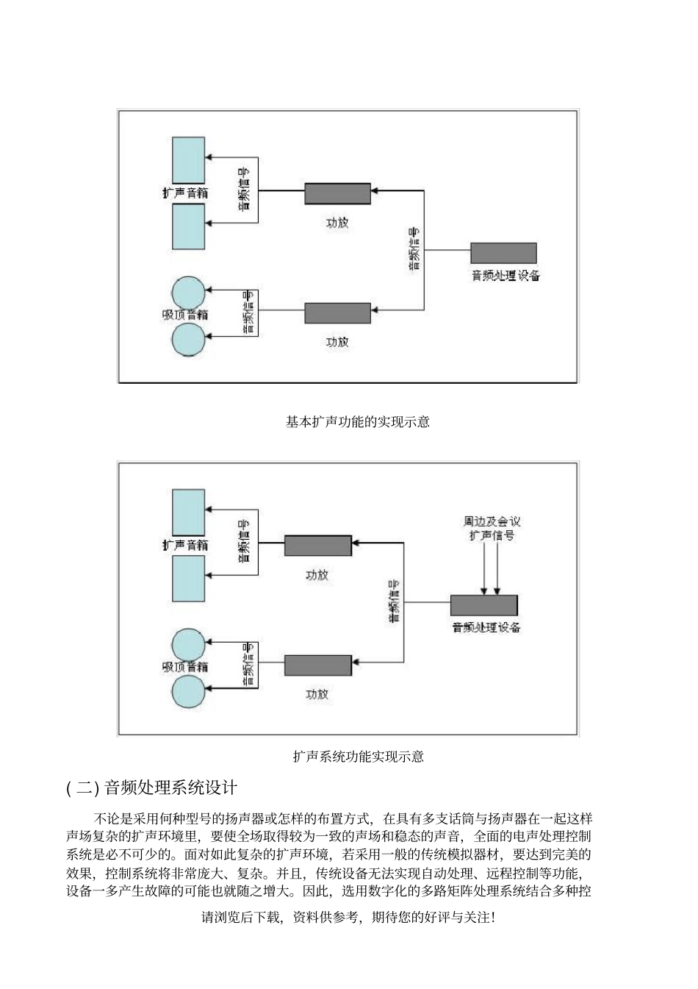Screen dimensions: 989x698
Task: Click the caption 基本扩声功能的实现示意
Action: [x=357, y=422]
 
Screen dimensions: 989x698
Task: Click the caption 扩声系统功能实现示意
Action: [x=358, y=756]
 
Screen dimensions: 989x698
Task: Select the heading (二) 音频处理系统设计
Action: [x=151, y=788]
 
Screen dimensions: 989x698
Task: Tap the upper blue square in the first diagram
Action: [x=188, y=160]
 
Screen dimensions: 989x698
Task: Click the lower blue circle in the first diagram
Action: [x=188, y=340]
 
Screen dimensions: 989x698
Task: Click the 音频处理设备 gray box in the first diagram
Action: [x=503, y=253]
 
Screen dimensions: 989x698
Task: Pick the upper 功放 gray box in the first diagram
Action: [x=337, y=194]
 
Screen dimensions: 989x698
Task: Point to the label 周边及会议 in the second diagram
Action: [x=492, y=521]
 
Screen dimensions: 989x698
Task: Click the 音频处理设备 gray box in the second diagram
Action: [x=483, y=605]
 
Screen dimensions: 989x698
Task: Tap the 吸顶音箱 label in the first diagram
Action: [x=185, y=315]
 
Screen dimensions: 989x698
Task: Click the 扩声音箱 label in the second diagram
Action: [x=185, y=545]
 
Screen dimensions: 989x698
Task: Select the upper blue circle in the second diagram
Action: [x=188, y=645]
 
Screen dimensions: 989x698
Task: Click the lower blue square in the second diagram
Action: [x=188, y=579]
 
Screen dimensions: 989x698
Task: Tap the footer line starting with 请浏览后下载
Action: [x=348, y=918]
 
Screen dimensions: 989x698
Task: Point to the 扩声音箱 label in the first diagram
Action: [x=185, y=193]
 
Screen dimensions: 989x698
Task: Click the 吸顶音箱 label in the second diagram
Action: [x=185, y=667]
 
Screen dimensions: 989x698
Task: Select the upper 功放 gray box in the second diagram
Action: [x=317, y=546]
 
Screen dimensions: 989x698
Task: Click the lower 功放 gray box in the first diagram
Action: [x=337, y=313]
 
